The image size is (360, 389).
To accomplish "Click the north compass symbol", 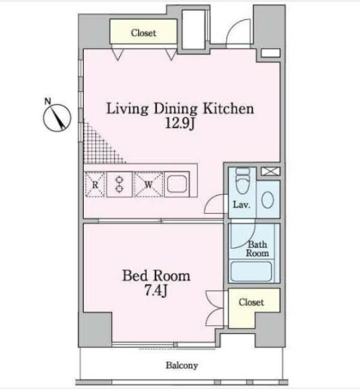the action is [x=57, y=117].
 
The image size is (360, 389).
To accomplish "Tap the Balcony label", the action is [x=182, y=366].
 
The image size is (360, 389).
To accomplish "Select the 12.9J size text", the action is [x=180, y=123].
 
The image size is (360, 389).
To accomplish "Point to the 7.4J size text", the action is [x=156, y=290].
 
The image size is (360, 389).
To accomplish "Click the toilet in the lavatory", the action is [x=243, y=181].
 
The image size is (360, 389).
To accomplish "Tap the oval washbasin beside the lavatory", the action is [x=267, y=200].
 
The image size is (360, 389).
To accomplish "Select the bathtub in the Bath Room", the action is [x=251, y=271].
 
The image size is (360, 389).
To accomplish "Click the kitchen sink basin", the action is [x=177, y=184].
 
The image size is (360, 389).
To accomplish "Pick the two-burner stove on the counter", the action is [x=119, y=184].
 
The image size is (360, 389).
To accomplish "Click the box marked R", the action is [x=95, y=185].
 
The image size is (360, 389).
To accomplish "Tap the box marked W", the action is [x=148, y=185].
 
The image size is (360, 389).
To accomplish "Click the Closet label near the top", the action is [x=143, y=33].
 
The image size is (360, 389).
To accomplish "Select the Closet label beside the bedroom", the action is [x=251, y=302].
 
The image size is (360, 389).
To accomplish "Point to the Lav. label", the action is [x=241, y=205].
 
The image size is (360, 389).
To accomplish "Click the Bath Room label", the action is [x=257, y=249].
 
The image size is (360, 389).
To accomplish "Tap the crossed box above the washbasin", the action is [x=271, y=171].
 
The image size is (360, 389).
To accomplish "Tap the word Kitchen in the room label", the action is [x=229, y=109].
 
